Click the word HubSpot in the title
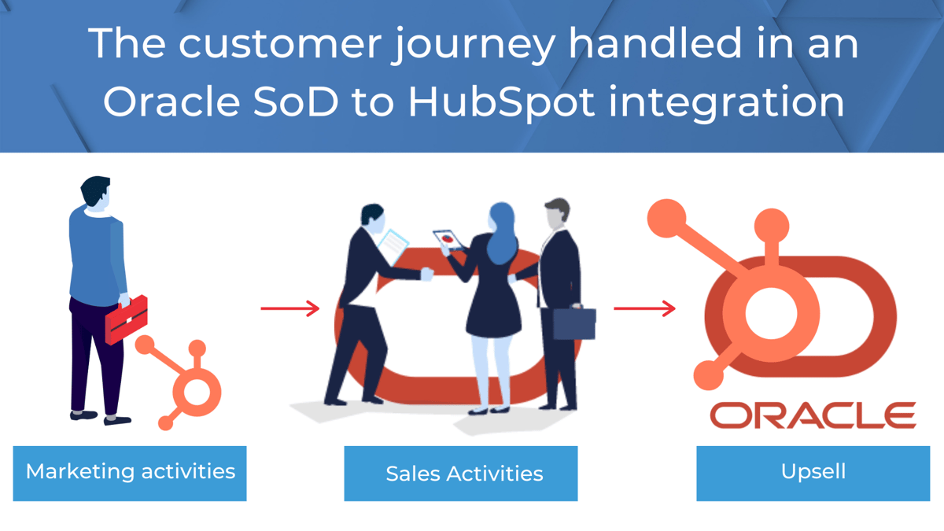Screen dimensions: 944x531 click(x=502, y=103)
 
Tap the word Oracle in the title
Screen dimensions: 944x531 click(x=172, y=101)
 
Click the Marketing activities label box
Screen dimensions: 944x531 click(x=130, y=474)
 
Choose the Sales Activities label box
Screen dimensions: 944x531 click(x=461, y=474)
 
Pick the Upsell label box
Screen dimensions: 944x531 click(x=813, y=474)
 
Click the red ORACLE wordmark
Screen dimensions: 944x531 click(x=813, y=415)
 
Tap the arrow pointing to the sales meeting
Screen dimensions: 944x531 click(x=290, y=308)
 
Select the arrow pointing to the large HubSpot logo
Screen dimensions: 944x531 click(x=644, y=308)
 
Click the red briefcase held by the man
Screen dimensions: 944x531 click(x=127, y=319)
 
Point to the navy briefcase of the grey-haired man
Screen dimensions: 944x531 click(x=574, y=323)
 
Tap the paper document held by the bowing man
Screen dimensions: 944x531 click(x=393, y=246)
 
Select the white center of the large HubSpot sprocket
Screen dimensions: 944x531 click(x=771, y=314)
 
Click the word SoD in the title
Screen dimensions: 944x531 click(x=296, y=101)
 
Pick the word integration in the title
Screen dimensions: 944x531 click(x=726, y=104)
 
